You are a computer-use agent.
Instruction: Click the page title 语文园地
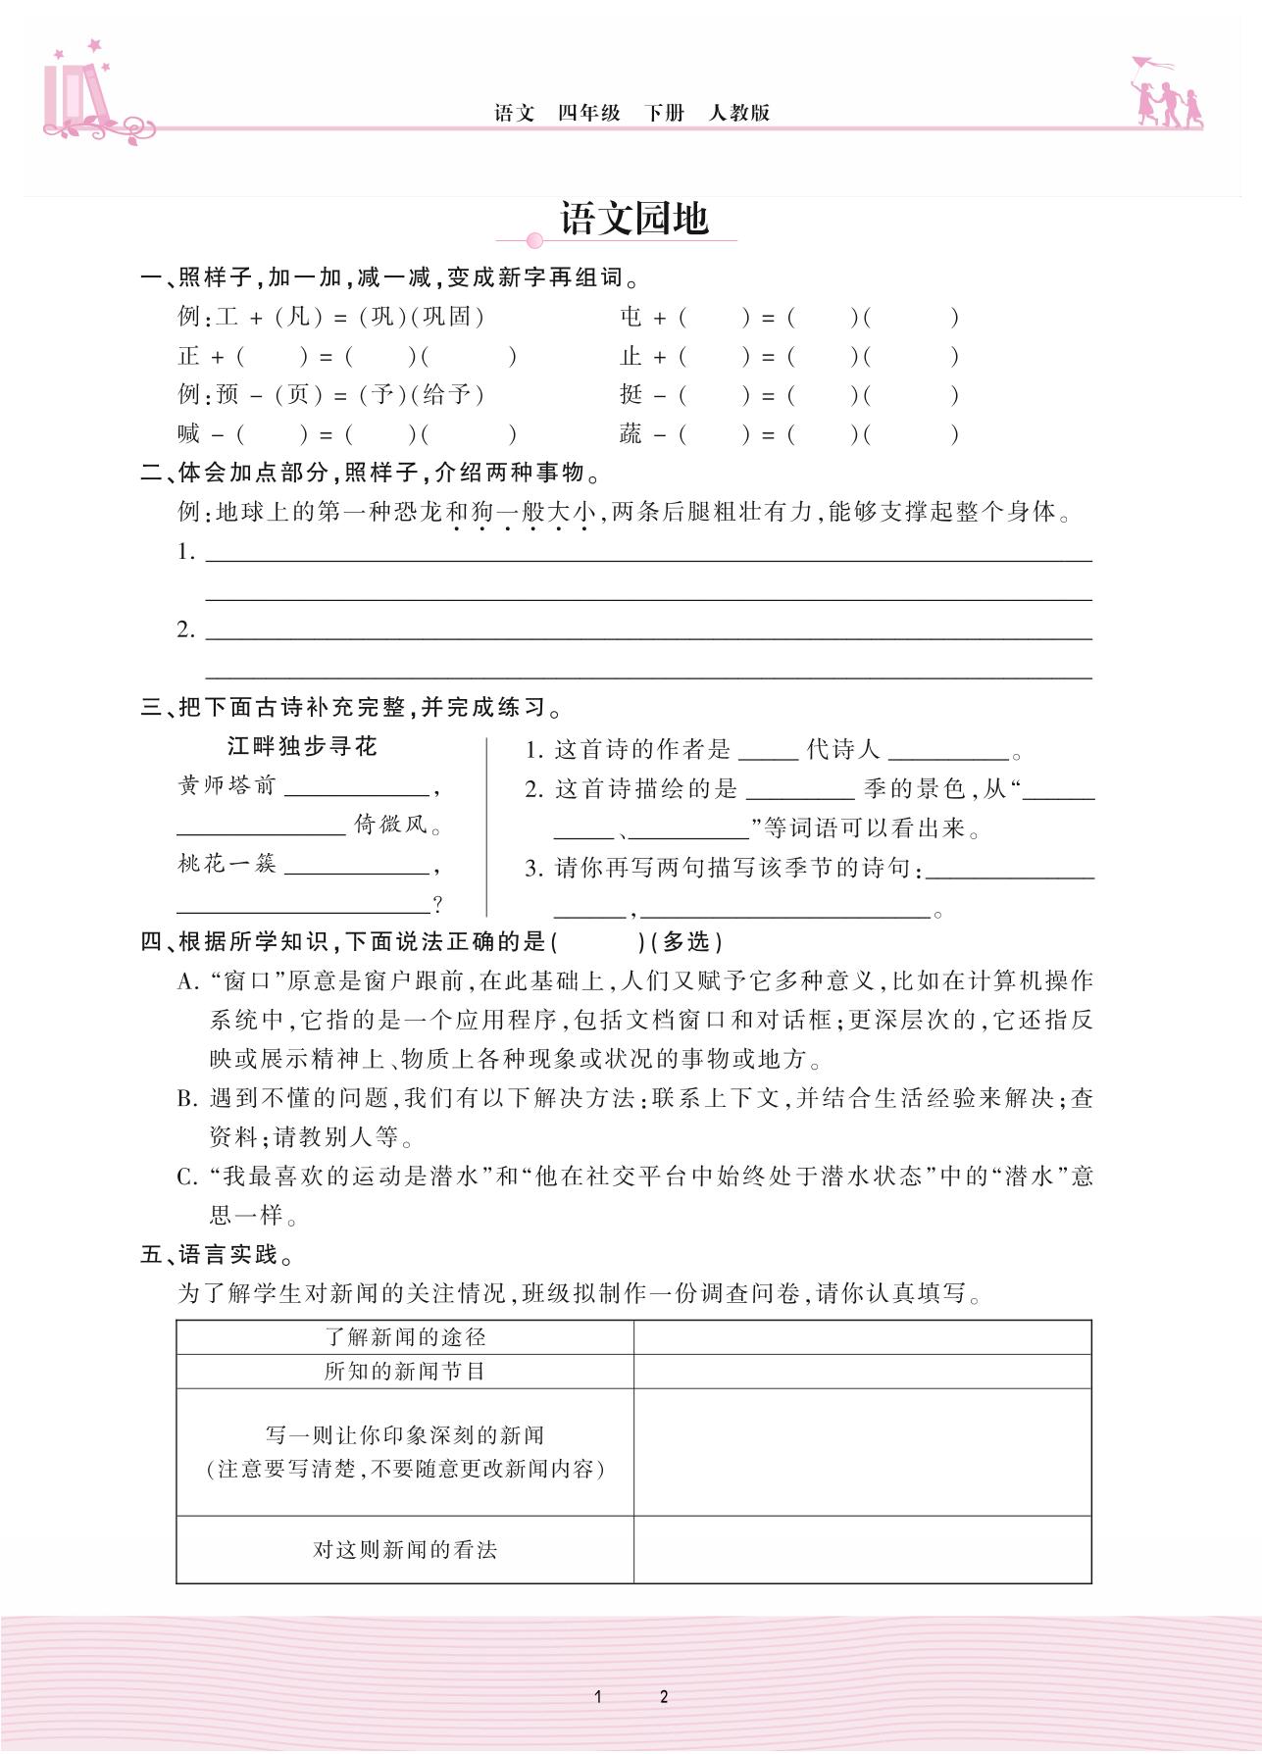coord(634,219)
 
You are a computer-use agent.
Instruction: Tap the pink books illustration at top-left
coord(74,98)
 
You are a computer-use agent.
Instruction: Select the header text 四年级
coord(589,113)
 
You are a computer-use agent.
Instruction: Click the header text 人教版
coord(739,113)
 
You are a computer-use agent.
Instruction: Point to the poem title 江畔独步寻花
coord(302,747)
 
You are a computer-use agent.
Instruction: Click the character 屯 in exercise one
coord(631,317)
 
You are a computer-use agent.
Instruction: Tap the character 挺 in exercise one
coord(631,395)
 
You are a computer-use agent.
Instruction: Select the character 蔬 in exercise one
coord(631,434)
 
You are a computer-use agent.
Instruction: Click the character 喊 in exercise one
coord(189,434)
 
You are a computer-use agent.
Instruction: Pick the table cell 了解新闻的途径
coord(405,1337)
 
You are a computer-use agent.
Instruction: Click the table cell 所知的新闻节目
coord(405,1372)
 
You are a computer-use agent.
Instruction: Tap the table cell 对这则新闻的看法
coord(405,1550)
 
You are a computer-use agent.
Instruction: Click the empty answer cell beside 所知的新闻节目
coord(862,1372)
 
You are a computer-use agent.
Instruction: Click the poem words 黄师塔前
coord(227,786)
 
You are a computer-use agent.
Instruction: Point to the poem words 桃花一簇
coord(227,865)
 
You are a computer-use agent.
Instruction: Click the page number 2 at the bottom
coord(664,1697)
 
